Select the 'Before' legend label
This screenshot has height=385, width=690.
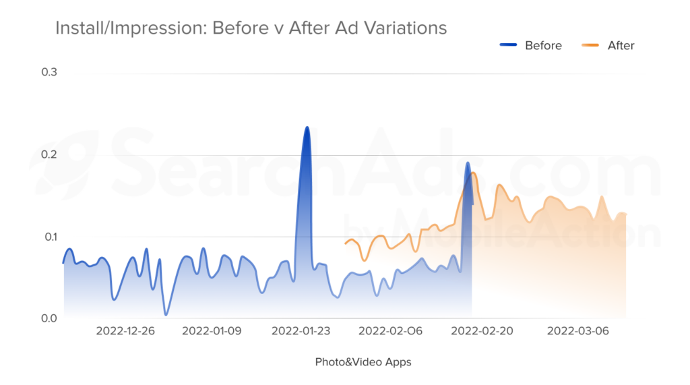point(543,45)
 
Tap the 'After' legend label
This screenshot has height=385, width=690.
point(621,45)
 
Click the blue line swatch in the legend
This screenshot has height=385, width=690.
point(508,45)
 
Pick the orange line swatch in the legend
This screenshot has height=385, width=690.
point(591,45)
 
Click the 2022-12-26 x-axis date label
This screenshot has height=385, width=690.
point(125,331)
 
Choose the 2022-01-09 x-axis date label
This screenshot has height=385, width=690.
point(212,331)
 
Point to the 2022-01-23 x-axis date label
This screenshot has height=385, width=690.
point(301,331)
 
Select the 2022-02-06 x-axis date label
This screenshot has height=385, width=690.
point(390,331)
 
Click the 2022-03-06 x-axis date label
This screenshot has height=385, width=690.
point(578,331)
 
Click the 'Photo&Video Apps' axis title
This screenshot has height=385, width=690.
point(363,362)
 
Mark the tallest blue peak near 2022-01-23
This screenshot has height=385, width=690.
point(307,127)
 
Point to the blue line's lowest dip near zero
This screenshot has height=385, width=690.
point(166,314)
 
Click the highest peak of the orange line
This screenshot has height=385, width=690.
point(474,173)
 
